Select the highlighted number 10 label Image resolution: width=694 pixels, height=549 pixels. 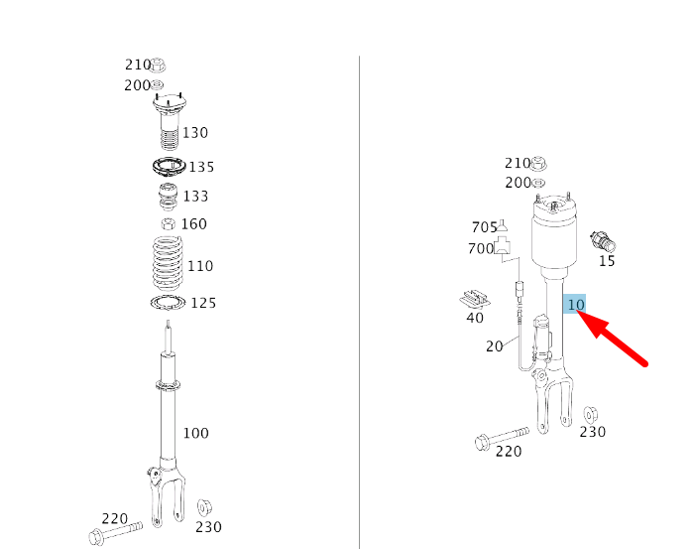click(x=574, y=304)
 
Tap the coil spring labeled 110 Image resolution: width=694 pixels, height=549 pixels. click(x=168, y=264)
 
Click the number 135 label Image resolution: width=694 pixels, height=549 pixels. click(x=201, y=167)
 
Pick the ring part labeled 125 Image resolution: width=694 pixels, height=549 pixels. click(x=155, y=303)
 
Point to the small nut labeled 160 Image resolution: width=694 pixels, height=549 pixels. click(x=169, y=224)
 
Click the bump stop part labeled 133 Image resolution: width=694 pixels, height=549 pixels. click(x=168, y=197)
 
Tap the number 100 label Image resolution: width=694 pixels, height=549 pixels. click(x=195, y=433)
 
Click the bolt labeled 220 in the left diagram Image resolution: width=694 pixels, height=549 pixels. click(x=116, y=532)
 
